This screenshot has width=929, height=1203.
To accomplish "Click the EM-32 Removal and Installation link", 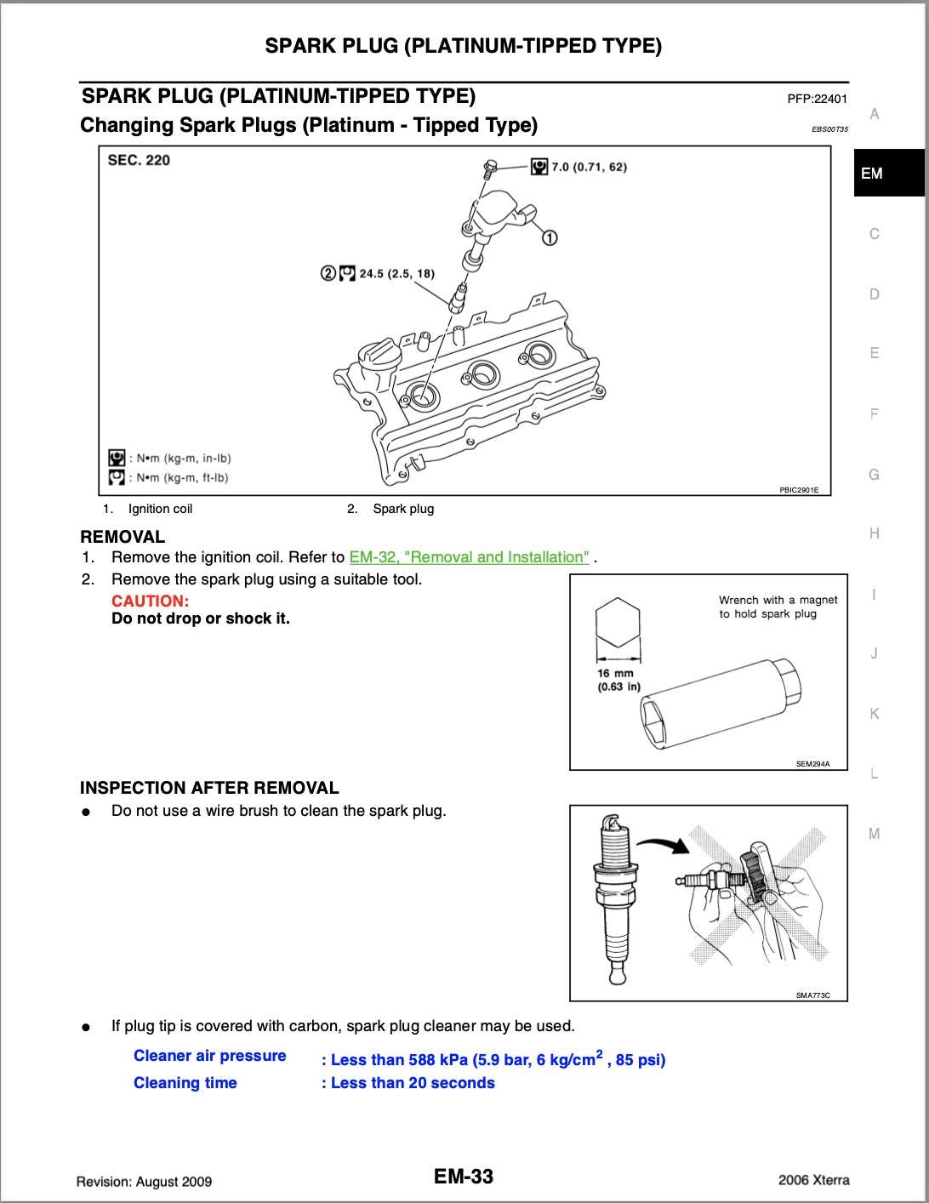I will pyautogui.click(x=469, y=557).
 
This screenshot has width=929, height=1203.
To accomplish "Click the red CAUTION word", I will pyautogui.click(x=150, y=601).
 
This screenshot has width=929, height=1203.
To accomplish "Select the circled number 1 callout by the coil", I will pyautogui.click(x=550, y=237).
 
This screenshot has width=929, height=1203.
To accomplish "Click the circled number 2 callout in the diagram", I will pyautogui.click(x=328, y=273).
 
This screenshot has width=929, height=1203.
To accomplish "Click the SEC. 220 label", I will pyautogui.click(x=139, y=160).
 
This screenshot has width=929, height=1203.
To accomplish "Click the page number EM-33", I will pyautogui.click(x=464, y=1177).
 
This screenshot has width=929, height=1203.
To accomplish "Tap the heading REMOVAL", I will pyautogui.click(x=123, y=537).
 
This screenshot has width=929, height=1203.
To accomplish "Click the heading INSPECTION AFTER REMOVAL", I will pyautogui.click(x=209, y=788).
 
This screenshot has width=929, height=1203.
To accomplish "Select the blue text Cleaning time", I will pyautogui.click(x=185, y=1083).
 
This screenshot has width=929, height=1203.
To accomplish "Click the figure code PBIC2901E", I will pyautogui.click(x=799, y=490).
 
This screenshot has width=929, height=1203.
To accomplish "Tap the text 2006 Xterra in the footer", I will pyautogui.click(x=813, y=1180).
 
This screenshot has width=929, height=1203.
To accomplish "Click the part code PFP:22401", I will pyautogui.click(x=818, y=99).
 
